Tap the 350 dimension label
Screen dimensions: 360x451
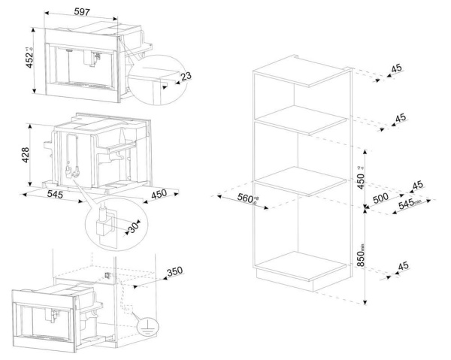174,271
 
